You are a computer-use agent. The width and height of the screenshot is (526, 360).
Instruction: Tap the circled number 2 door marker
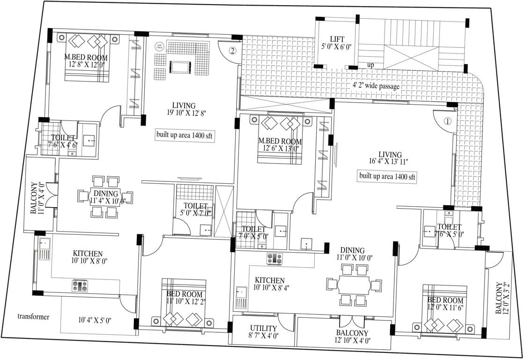click(232, 50)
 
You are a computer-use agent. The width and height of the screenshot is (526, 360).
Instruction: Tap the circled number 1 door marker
click(447, 120)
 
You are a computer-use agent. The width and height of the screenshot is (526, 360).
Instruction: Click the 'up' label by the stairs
click(370, 65)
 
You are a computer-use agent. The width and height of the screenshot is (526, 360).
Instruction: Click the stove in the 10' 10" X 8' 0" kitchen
click(79, 285)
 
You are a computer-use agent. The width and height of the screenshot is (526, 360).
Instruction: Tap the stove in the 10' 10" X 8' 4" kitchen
click(274, 258)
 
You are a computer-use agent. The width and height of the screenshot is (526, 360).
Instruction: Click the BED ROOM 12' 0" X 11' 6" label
click(445, 303)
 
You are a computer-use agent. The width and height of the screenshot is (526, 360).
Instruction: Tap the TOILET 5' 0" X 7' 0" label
click(195, 209)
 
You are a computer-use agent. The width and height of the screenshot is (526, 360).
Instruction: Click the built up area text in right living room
click(387, 177)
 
